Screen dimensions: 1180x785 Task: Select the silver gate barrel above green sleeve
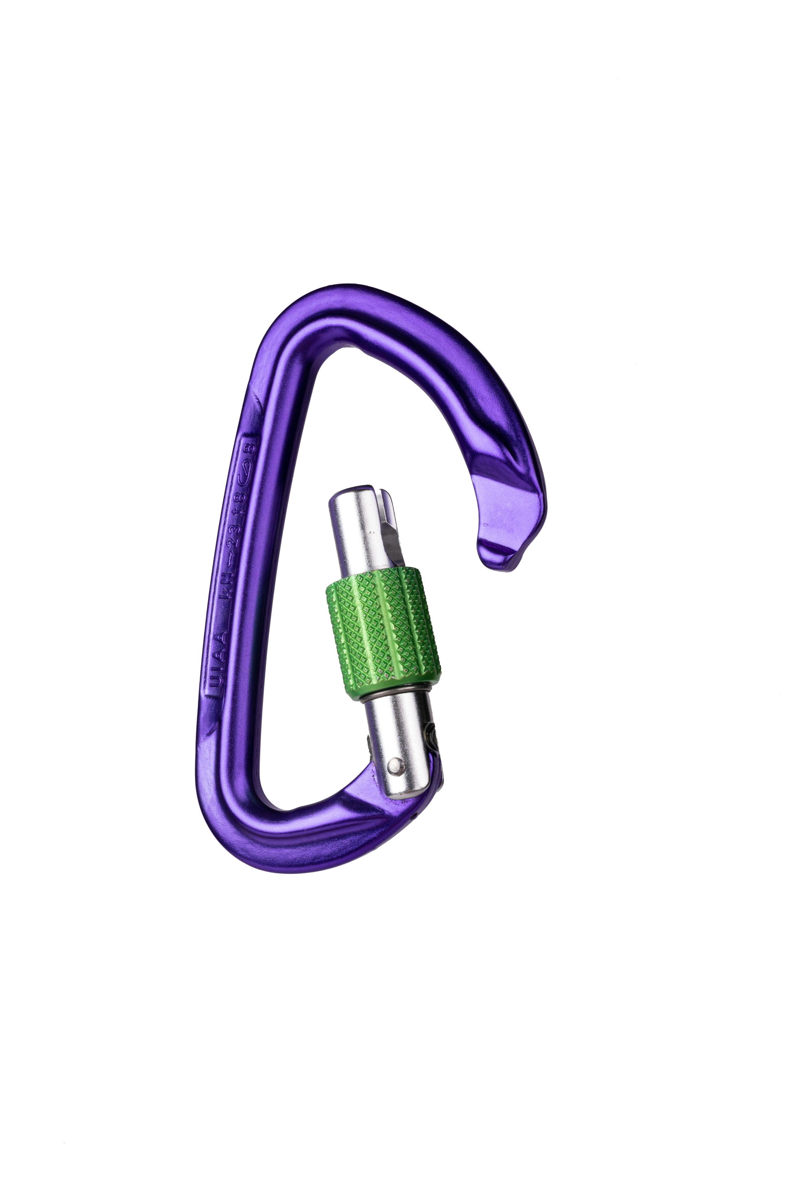click(x=360, y=531)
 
